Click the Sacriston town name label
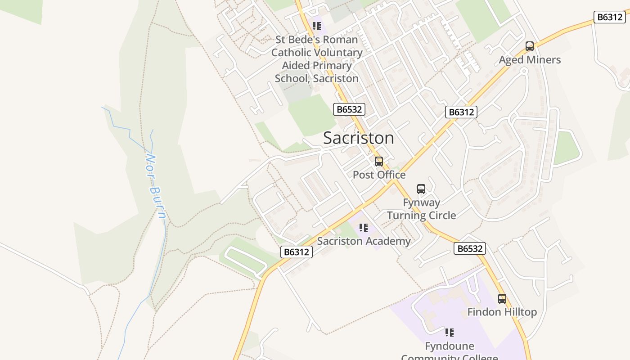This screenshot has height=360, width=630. click(359, 138)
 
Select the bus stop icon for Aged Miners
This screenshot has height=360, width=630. click(530, 46)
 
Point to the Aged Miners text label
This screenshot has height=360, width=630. click(530, 60)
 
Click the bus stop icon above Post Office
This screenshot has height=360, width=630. click(379, 162)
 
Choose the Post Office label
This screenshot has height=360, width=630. click(379, 175)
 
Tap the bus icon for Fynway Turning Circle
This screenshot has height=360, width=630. click(421, 189)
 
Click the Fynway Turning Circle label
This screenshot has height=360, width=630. click(421, 209)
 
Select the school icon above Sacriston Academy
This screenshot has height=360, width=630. click(363, 228)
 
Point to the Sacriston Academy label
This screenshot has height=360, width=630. click(364, 241)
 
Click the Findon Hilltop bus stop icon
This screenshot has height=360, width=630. click(502, 299)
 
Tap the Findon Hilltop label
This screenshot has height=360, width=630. click(502, 312)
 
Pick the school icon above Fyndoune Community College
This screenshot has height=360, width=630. click(449, 333)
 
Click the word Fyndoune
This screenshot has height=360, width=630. click(449, 346)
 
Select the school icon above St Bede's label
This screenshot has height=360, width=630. click(317, 26)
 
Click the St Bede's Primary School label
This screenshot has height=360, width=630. click(317, 59)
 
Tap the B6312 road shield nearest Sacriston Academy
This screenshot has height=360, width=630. click(297, 252)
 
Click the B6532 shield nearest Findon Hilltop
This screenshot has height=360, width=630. click(469, 248)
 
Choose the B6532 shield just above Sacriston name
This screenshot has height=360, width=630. click(349, 109)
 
